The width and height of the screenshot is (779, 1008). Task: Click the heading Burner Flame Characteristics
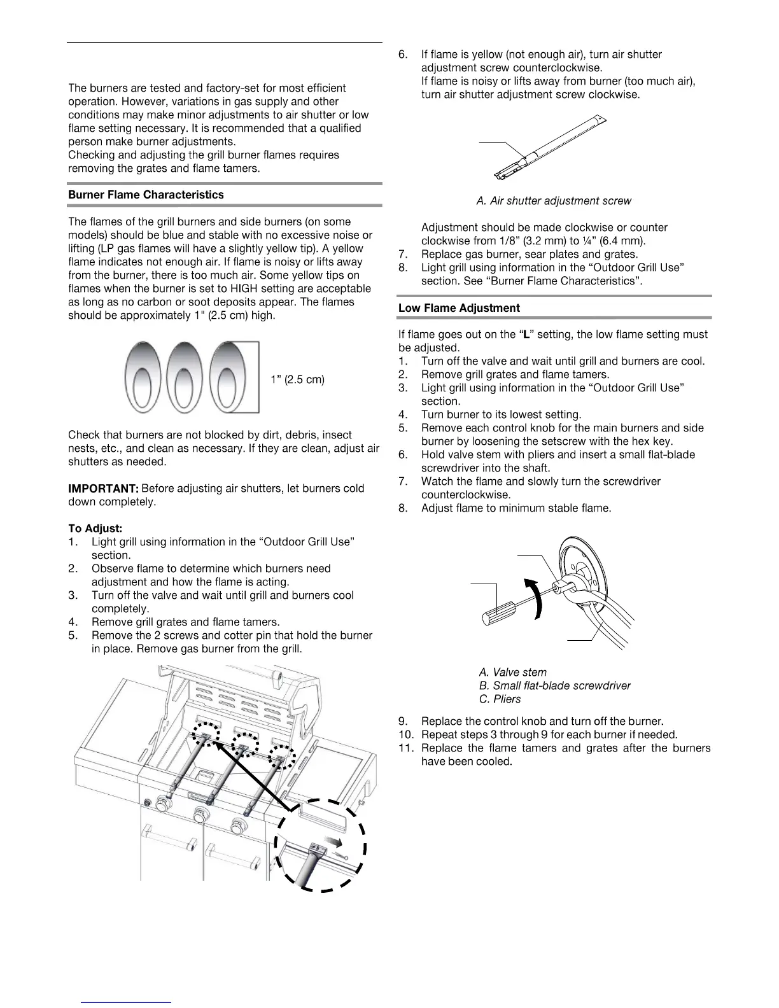(146, 195)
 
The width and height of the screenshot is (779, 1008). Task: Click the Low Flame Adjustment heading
(459, 308)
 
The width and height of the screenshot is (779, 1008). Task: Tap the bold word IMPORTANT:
(103, 489)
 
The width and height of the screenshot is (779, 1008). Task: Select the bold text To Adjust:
(95, 529)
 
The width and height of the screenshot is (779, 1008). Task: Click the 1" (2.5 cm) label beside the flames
(297, 380)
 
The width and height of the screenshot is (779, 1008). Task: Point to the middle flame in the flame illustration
(183, 377)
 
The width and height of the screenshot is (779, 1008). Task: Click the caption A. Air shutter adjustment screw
(554, 201)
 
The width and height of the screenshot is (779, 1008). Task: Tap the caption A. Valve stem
(512, 672)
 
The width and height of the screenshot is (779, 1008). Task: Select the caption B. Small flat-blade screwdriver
(554, 685)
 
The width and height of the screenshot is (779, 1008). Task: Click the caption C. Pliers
(500, 699)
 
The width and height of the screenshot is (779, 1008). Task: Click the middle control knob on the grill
(202, 815)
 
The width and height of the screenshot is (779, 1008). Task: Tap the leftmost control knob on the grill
(163, 804)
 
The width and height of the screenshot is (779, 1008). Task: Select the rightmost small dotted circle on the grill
(281, 757)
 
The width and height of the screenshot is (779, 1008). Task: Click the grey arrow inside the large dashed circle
(330, 843)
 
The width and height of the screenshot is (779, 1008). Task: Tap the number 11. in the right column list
(406, 748)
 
